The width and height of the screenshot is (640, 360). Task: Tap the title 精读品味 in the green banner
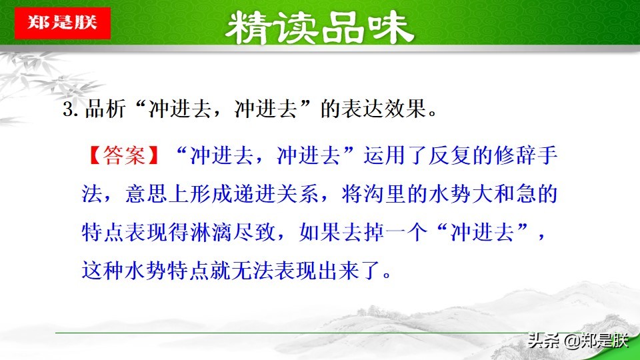[x=320, y=28]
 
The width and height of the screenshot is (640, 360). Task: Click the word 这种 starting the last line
[x=99, y=272]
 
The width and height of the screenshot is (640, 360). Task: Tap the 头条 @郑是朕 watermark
[x=577, y=341]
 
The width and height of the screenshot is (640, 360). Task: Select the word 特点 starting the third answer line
[x=99, y=233]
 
